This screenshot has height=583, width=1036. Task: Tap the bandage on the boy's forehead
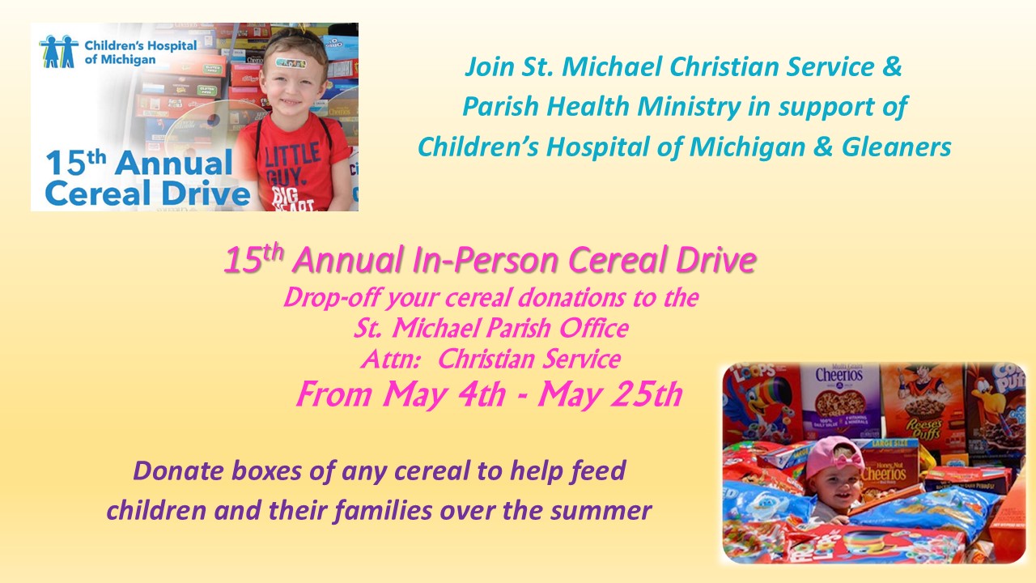290,62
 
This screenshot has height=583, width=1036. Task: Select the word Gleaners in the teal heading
896,147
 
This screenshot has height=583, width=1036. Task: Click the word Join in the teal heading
490,67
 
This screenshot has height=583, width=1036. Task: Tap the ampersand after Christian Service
892,66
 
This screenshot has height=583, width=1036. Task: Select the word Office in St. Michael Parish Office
594,328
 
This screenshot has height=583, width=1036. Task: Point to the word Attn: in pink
390,360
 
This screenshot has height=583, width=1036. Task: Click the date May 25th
610,394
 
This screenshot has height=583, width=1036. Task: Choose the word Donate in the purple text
178,470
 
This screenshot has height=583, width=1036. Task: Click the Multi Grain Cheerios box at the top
839,401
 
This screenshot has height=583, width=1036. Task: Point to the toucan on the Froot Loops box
758,407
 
